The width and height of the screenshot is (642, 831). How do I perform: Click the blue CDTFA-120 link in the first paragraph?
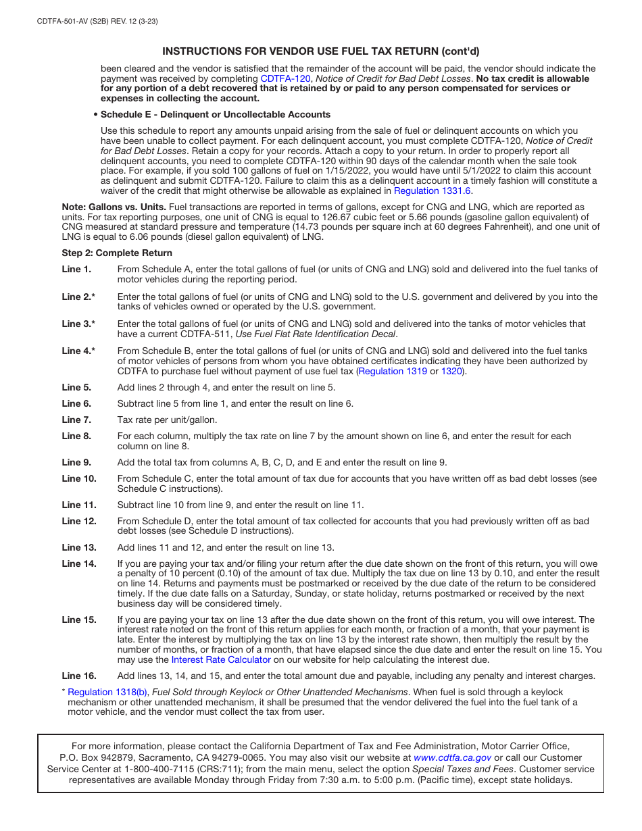tap(285, 79)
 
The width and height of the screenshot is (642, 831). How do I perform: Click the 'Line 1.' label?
tap(76, 270)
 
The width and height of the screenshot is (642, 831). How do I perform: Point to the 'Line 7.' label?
tap(76, 420)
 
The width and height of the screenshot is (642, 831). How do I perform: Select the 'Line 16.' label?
tap(79, 676)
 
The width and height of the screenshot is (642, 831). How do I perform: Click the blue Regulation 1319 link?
tap(393, 372)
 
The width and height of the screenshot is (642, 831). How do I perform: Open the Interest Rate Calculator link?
tap(221, 660)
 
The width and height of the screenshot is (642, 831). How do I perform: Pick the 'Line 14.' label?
tap(79, 564)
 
